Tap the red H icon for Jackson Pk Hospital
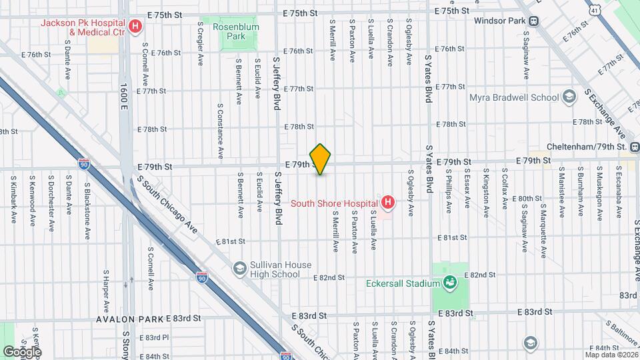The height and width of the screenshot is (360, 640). click(x=135, y=27)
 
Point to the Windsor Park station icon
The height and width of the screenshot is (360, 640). click(x=534, y=21)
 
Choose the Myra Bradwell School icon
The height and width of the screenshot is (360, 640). click(x=569, y=98)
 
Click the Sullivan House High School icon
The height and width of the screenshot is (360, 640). click(x=239, y=269)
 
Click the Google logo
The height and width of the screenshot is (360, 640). click(x=22, y=352)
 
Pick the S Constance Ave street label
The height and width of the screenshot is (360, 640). click(x=219, y=131)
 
